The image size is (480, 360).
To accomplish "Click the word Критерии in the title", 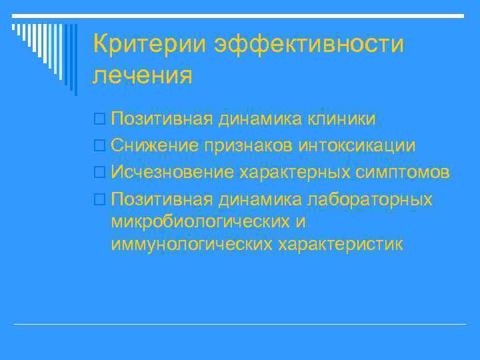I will point(149,45).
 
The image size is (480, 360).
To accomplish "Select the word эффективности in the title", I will point(309,45).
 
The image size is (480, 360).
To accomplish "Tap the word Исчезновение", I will point(173,173).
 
